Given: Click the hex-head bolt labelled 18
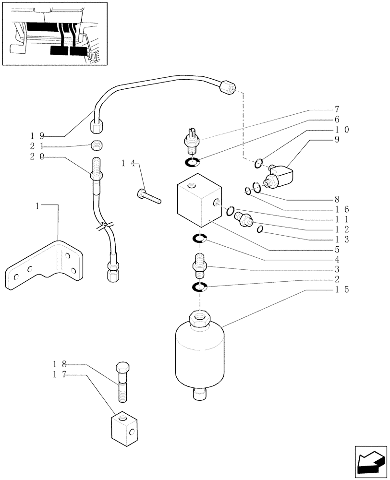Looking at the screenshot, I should [122, 382].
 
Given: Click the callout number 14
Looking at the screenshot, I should [127, 164].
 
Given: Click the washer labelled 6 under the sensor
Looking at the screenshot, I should [192, 164].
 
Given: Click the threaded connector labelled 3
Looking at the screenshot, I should [199, 265].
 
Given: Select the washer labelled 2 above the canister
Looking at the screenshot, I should [199, 288].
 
